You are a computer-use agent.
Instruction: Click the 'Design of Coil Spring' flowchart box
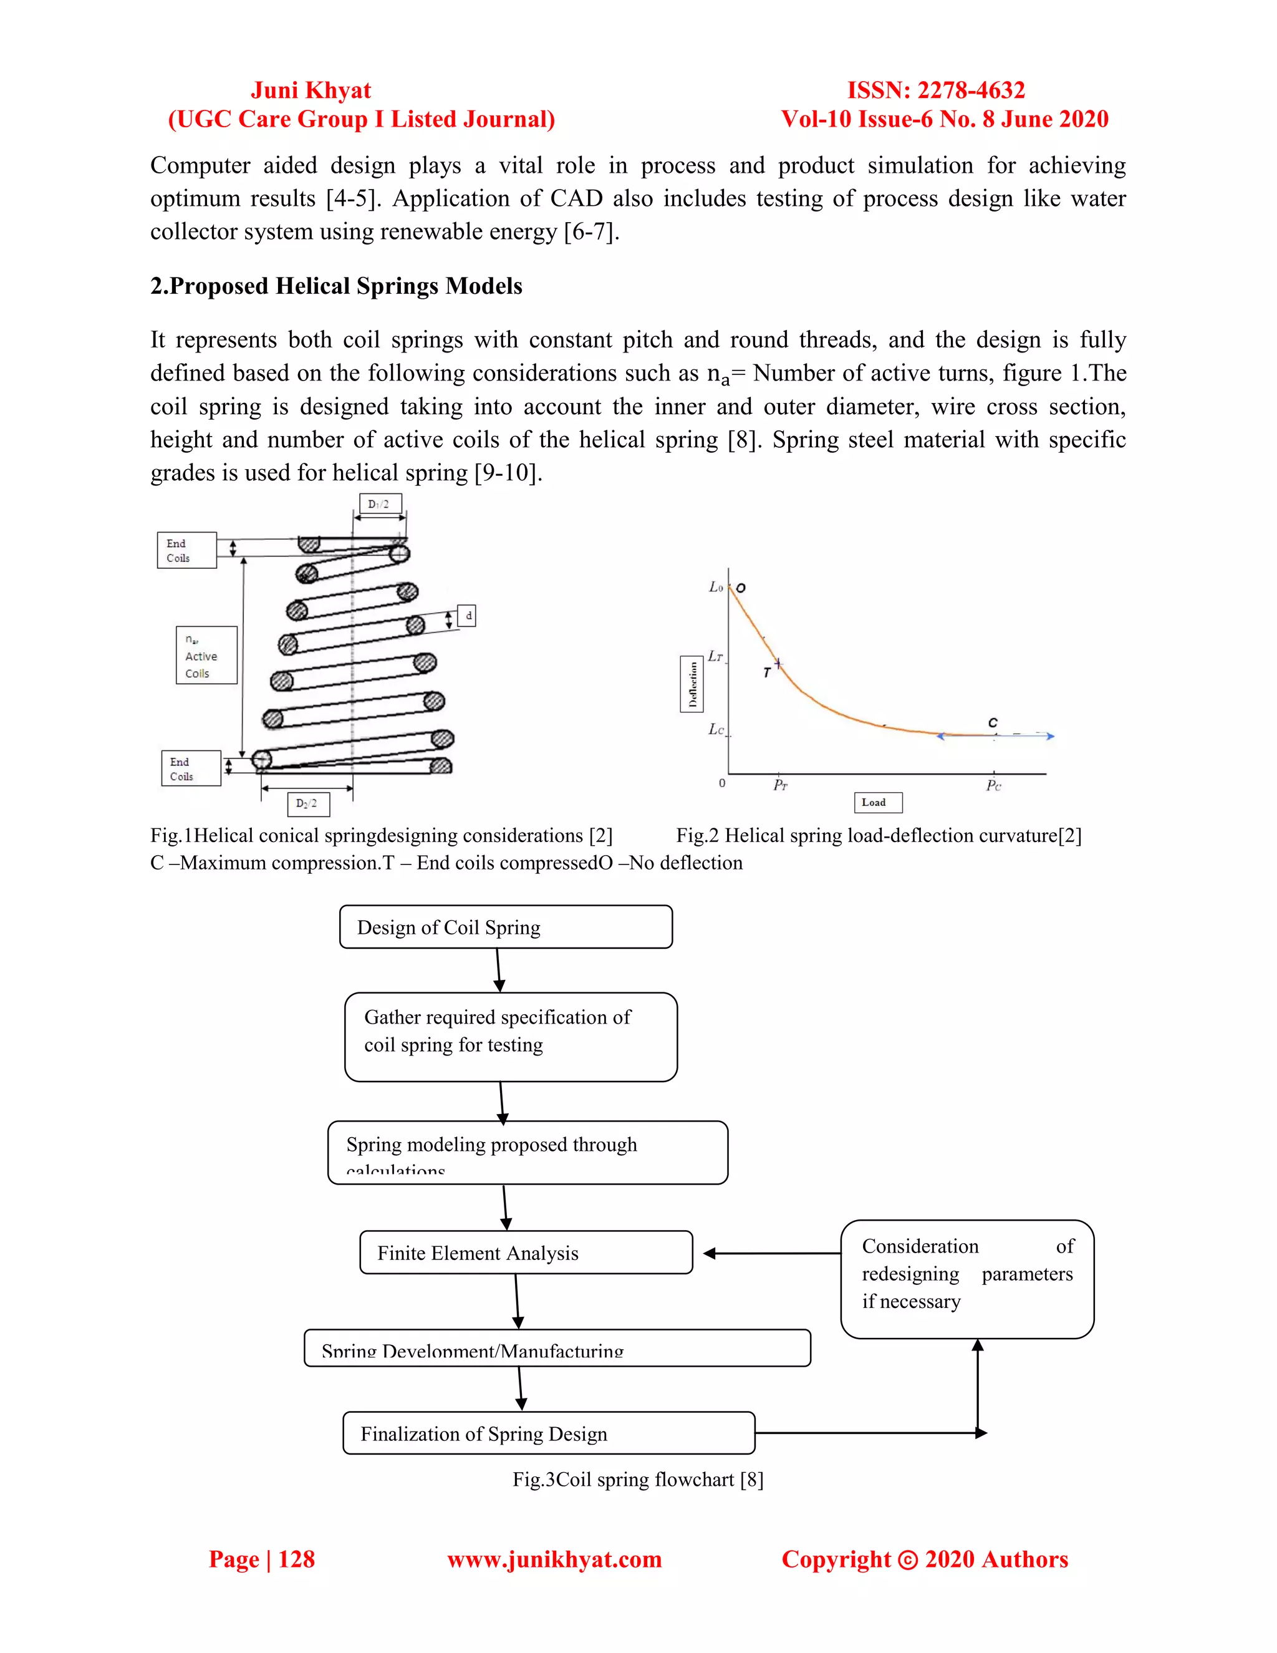[505, 926]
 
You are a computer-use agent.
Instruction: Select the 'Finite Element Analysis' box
[526, 1253]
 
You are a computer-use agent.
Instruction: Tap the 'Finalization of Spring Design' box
[549, 1433]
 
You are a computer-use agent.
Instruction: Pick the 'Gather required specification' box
[511, 1036]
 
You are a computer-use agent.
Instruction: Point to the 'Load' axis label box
[877, 802]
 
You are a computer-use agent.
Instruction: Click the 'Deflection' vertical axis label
[692, 684]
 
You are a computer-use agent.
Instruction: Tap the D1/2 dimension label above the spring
[380, 504]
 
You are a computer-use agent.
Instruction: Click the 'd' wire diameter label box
[468, 616]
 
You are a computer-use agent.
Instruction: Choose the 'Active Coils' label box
[206, 656]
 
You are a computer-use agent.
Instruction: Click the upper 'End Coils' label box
[186, 550]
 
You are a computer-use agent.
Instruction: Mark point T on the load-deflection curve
[778, 664]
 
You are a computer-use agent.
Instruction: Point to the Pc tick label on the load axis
[993, 785]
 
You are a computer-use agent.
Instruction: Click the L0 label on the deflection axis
[716, 586]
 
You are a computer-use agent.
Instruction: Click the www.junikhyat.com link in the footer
[554, 1559]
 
